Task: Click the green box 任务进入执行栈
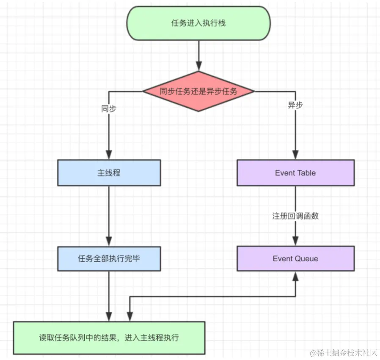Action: pyautogui.click(x=198, y=23)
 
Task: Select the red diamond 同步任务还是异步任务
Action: pyautogui.click(x=198, y=91)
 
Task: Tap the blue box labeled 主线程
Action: pyautogui.click(x=109, y=173)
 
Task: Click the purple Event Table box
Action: pyautogui.click(x=295, y=173)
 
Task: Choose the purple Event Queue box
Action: pyautogui.click(x=295, y=258)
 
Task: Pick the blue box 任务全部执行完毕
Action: pyautogui.click(x=109, y=258)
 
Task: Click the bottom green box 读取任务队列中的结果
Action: pyautogui.click(x=109, y=338)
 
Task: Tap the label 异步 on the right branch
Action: pyautogui.click(x=295, y=105)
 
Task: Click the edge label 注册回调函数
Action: pyautogui.click(x=295, y=216)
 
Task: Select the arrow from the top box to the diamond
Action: pyautogui.click(x=198, y=53)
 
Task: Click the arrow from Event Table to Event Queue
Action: pyautogui.click(x=295, y=199)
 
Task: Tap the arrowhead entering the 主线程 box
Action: pyautogui.click(x=109, y=156)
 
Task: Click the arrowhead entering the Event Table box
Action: pyautogui.click(x=295, y=156)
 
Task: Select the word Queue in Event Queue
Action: pyautogui.click(x=307, y=258)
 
